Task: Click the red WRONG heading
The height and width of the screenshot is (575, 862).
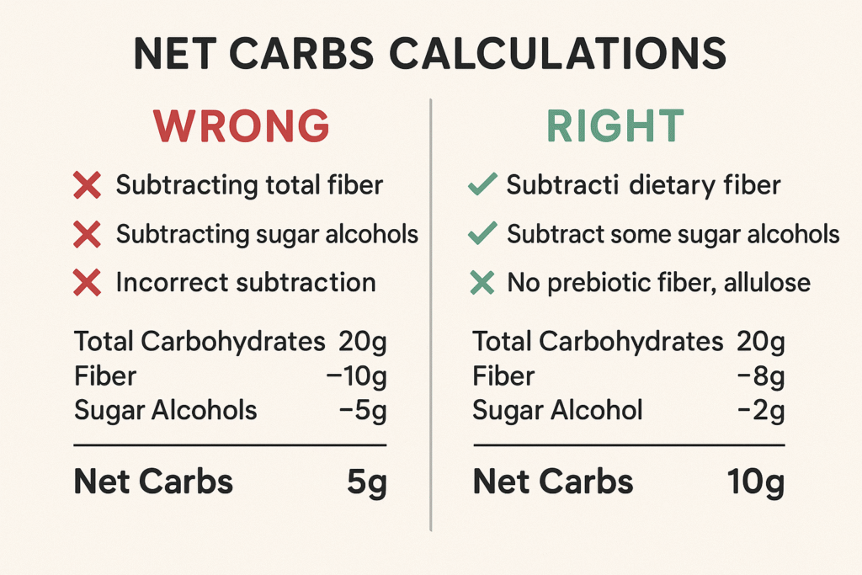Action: [242, 125]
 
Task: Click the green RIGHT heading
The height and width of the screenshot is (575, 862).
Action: [615, 125]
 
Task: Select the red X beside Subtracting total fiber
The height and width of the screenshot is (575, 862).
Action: [88, 185]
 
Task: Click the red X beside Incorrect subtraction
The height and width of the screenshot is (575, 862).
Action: [88, 282]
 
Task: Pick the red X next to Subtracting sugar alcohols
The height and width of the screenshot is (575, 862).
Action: [88, 234]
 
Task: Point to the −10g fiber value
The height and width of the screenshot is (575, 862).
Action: [356, 376]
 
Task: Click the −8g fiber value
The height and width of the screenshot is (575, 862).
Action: [760, 376]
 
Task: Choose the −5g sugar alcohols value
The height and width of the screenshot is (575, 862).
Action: [363, 410]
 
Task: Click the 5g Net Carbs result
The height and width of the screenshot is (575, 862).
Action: [366, 482]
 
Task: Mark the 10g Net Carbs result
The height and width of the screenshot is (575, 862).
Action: [755, 482]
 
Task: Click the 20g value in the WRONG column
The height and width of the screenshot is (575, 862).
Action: [362, 341]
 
